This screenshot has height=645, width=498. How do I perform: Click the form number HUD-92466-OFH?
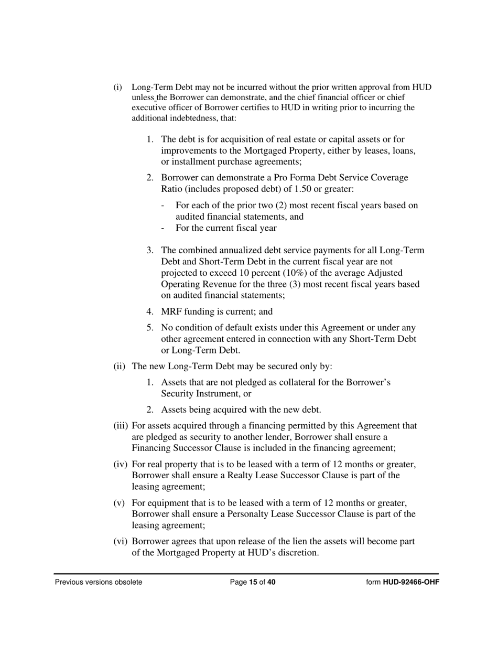(410, 582)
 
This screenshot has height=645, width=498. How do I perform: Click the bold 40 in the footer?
(271, 582)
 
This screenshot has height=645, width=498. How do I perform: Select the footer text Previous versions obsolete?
(99, 582)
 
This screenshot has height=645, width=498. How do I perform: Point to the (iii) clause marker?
(121, 426)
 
